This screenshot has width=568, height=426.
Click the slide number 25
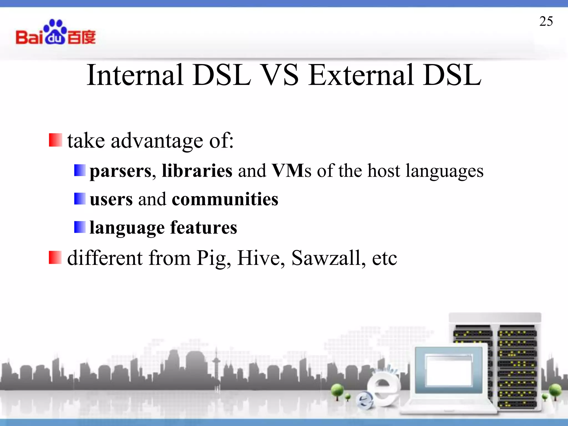tap(546, 21)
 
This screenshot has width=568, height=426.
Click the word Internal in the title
tap(135, 75)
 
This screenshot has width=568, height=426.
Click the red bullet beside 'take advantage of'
tap(55, 140)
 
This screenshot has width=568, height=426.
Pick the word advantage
tap(157, 141)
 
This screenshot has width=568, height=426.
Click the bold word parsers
tap(121, 171)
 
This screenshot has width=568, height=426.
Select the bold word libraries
tap(197, 171)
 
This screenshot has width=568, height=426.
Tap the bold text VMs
tap(291, 171)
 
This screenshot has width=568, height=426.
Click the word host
tap(384, 171)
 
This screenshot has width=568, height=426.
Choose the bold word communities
tap(225, 199)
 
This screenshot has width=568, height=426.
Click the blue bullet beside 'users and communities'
tap(80, 199)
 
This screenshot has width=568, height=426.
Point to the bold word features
tap(204, 228)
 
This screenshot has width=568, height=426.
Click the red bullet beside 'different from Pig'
tap(55, 257)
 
